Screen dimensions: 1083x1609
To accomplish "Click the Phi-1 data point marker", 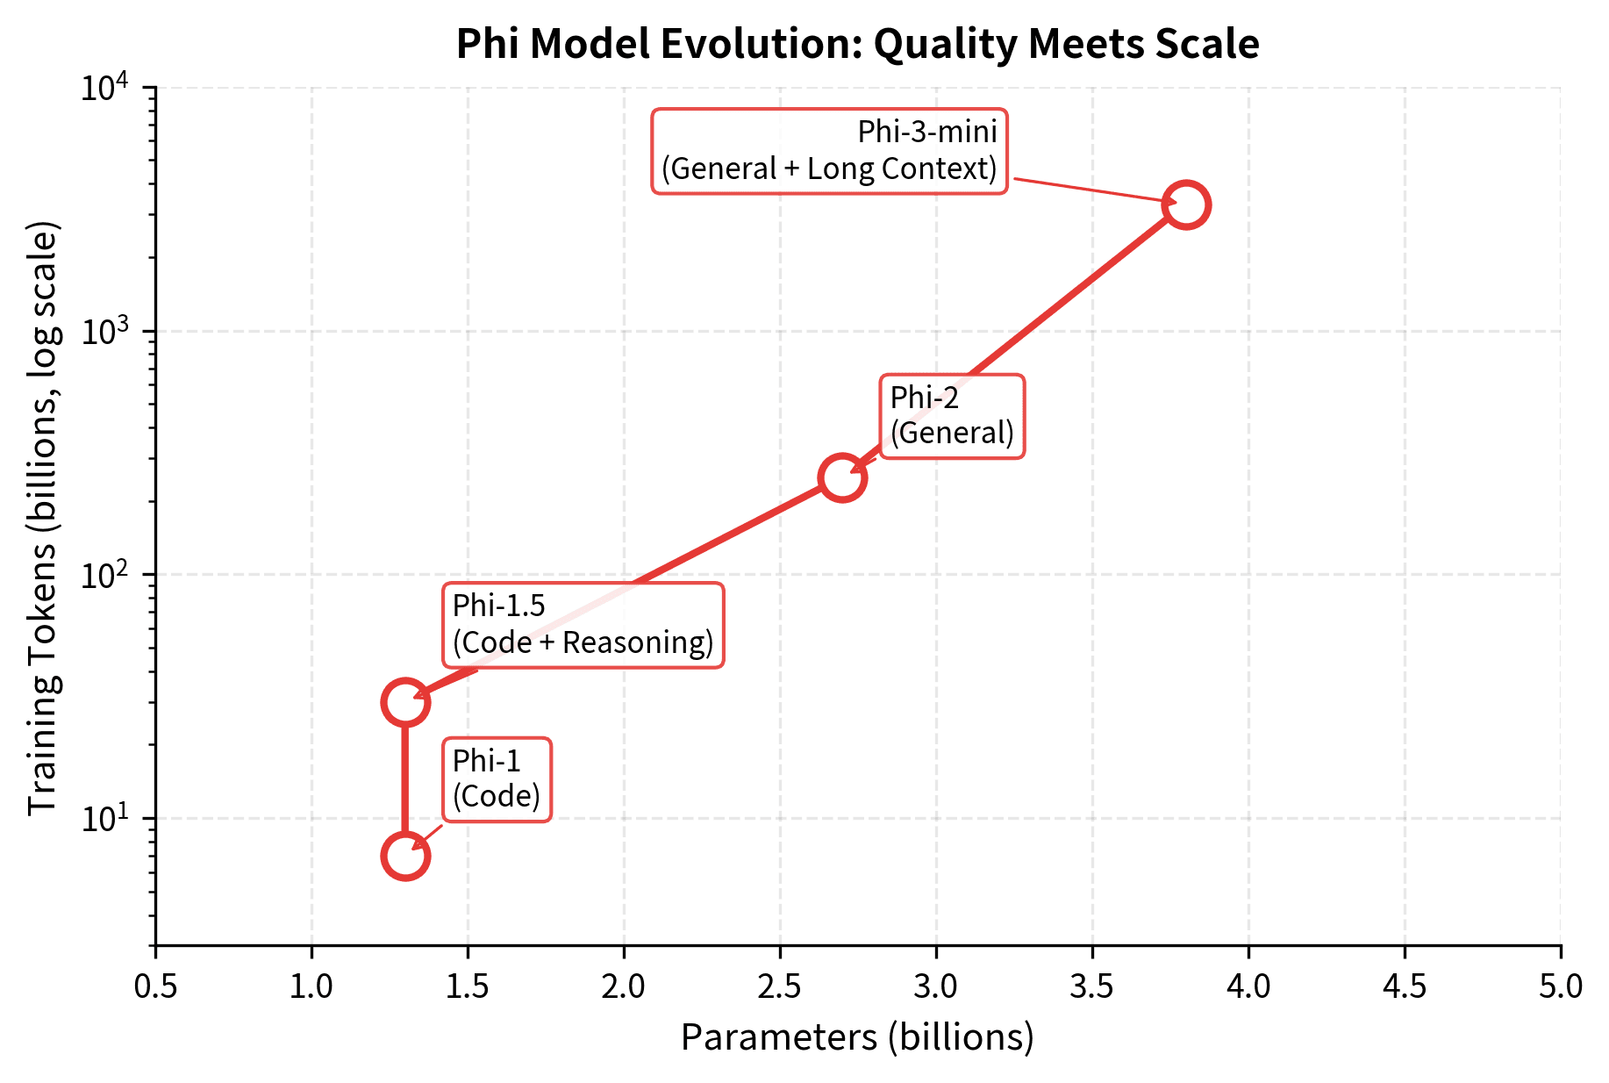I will point(404,856).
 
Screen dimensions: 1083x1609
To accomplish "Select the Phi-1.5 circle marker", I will point(404,702).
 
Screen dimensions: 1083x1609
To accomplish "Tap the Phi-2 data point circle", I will point(842,477).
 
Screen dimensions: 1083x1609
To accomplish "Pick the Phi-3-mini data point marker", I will point(1186,204).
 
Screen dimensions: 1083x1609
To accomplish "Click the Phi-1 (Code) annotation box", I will point(497,779).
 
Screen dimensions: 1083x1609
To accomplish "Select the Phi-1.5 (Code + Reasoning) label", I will point(583,625).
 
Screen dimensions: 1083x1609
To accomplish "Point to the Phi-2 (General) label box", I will point(952,416).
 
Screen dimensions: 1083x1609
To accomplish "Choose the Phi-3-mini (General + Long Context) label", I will point(829,151).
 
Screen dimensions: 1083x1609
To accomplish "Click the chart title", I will point(857,44).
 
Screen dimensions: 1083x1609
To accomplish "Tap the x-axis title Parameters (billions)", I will point(857,1037).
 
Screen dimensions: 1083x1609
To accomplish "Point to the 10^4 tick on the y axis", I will point(104,88).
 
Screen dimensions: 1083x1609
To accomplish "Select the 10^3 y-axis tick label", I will point(104,332).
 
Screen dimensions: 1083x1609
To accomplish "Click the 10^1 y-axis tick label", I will point(104,818).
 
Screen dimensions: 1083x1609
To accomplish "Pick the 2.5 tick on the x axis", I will point(780,986).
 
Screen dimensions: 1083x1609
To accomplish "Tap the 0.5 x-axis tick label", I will point(155,986).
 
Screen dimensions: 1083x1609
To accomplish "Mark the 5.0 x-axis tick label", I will point(1561,986).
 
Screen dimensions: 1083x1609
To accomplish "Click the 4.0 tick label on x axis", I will point(1248,986).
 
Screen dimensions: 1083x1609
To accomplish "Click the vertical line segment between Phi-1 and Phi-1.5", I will point(404,779).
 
